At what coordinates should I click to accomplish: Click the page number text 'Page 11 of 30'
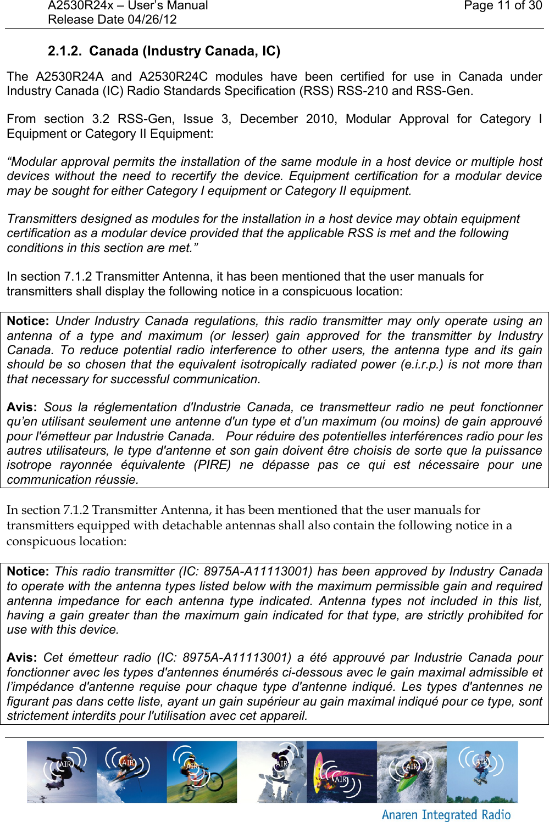502,6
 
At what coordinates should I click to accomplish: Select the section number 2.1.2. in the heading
65,51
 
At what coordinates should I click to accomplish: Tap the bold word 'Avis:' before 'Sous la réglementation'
21,407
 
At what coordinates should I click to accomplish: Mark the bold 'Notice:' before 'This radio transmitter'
28,572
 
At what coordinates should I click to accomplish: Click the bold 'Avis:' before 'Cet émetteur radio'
21,658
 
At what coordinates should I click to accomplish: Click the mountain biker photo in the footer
202,772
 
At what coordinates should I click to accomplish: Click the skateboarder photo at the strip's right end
482,772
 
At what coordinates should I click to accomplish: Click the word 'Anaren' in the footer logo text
400,815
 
